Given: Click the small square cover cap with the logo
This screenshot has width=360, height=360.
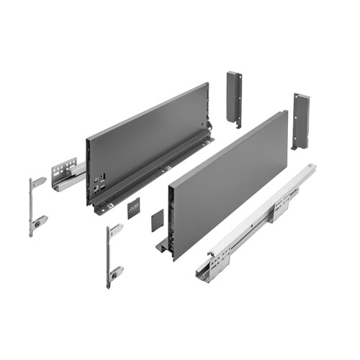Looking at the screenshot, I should (134, 209).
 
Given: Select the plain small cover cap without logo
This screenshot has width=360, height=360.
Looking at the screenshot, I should (156, 220).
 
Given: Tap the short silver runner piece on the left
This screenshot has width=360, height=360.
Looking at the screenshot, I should (67, 174).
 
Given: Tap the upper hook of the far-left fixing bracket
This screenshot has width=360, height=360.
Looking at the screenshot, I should (38, 182).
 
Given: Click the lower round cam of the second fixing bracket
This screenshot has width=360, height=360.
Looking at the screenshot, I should (114, 274).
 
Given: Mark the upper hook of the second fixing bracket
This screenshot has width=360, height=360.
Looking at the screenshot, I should (116, 230).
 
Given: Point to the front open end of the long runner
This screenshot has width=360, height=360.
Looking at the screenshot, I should (205, 268).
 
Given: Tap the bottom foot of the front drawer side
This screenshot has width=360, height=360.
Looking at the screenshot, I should (161, 247).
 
